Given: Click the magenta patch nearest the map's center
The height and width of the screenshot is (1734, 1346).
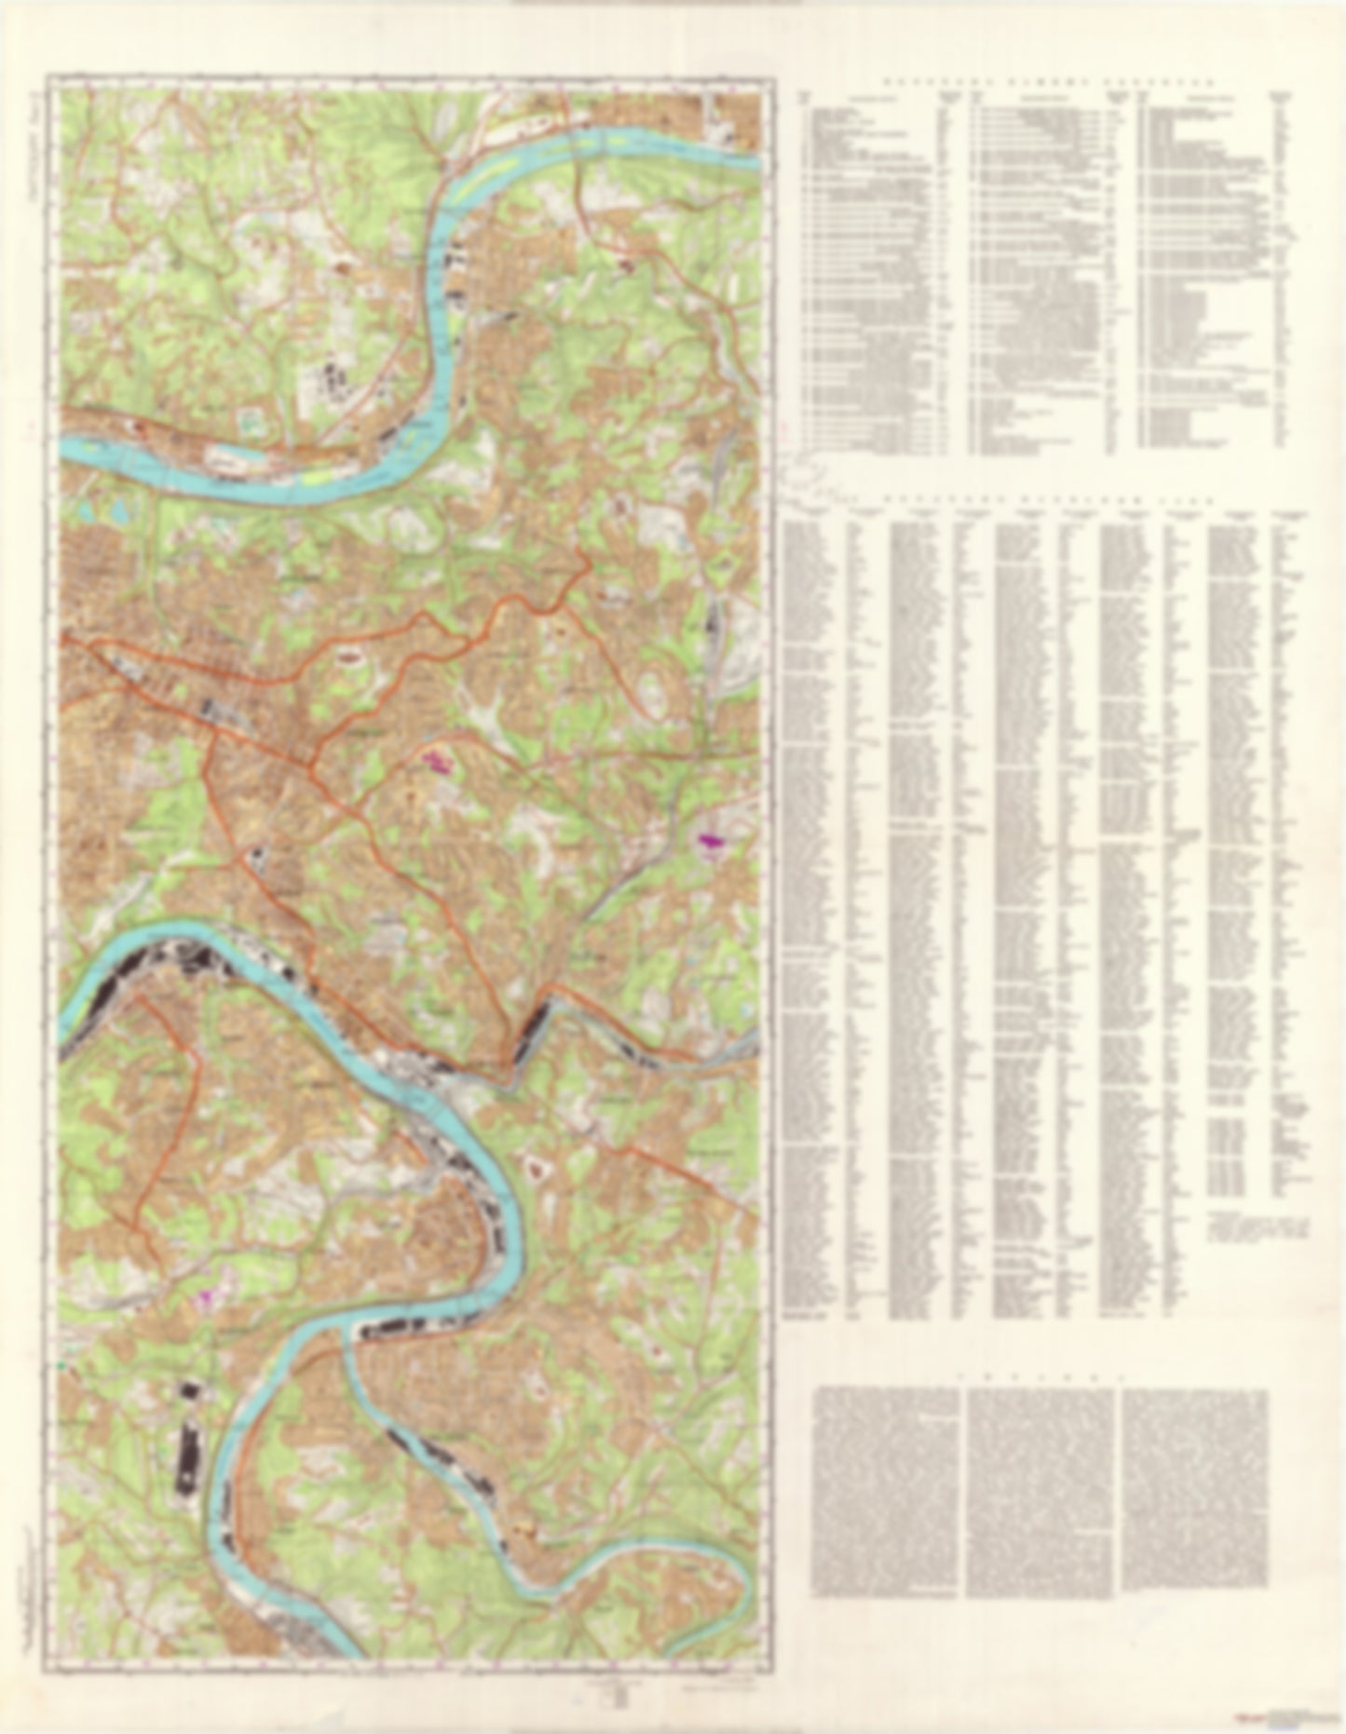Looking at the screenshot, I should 436,762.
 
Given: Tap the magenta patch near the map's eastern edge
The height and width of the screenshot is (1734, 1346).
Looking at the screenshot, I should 713,840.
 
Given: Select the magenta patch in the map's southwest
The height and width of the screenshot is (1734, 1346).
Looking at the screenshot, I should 204,1294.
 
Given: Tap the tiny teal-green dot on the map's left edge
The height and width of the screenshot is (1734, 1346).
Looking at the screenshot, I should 62,1364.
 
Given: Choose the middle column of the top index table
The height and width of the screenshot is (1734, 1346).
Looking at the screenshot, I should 1040,270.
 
